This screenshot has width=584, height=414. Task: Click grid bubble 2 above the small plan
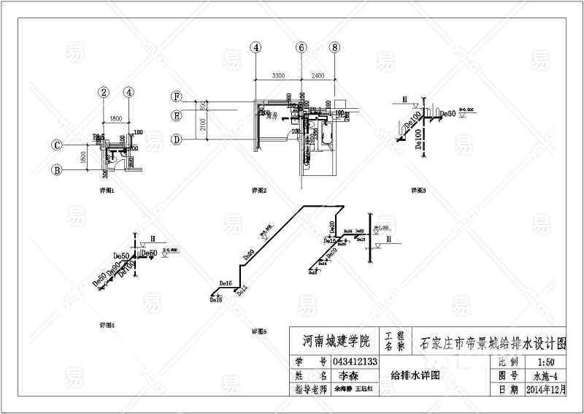pyautogui.click(x=104, y=92)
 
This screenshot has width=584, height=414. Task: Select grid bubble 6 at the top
pyautogui.click(x=300, y=47)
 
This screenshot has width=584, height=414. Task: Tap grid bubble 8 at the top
pyautogui.click(x=334, y=47)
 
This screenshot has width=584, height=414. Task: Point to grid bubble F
pyautogui.click(x=176, y=97)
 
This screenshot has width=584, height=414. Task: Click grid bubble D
pyautogui.click(x=176, y=139)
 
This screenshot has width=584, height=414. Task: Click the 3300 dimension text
pyautogui.click(x=277, y=75)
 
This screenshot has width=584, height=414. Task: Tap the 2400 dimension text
pyautogui.click(x=318, y=75)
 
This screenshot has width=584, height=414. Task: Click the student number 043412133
pyautogui.click(x=355, y=361)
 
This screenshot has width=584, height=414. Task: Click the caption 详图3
pyautogui.click(x=418, y=190)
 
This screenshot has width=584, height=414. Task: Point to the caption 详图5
pyautogui.click(x=258, y=331)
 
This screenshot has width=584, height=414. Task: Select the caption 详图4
pyautogui.click(x=107, y=324)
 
